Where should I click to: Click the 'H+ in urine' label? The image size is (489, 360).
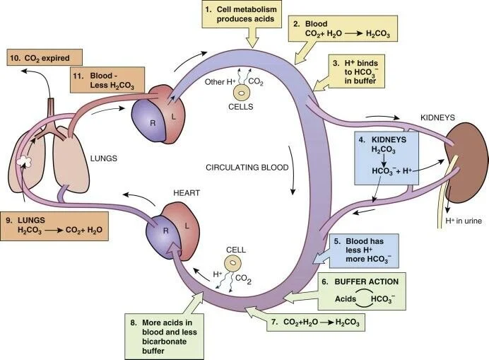462,221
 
